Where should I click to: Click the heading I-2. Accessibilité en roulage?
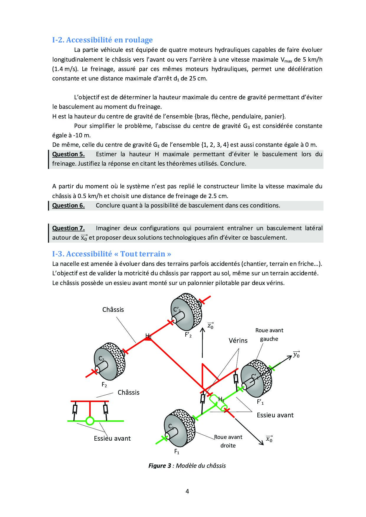tap(102, 40)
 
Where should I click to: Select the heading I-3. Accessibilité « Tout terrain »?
tap(112, 254)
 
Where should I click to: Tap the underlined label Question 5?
tap(68, 154)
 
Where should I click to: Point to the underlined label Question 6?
tap(68, 205)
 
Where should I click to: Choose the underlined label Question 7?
tap(68, 228)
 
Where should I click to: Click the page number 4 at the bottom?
tap(187, 491)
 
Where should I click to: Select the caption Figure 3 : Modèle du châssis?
tap(187, 466)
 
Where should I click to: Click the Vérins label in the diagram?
tap(238, 340)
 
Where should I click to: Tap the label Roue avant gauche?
tap(269, 335)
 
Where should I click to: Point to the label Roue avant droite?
tap(228, 441)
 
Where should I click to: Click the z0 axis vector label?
tap(210, 325)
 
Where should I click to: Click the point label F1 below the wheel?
tap(177, 452)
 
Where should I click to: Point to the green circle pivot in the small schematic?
tap(90, 421)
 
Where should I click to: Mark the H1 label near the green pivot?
tap(221, 399)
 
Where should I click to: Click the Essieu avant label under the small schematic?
tap(112, 438)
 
